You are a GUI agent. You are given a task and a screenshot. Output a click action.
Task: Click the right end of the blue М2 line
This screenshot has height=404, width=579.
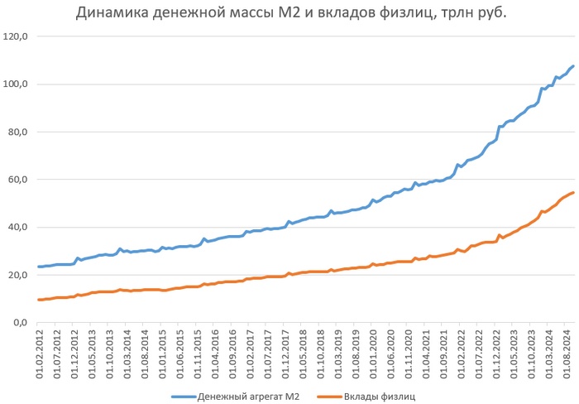click(x=573, y=66)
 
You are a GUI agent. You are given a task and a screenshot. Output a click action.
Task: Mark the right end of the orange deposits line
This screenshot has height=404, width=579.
click(x=573, y=193)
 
